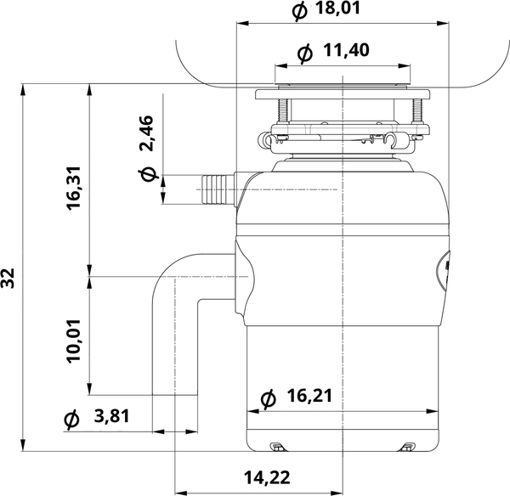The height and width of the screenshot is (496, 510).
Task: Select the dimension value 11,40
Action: click(x=346, y=52)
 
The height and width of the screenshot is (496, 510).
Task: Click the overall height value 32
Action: click(x=9, y=278)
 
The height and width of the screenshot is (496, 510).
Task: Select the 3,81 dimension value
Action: click(x=110, y=417)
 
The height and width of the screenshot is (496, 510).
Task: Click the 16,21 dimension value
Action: click(x=309, y=397)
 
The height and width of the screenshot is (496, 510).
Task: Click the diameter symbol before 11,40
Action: click(x=305, y=53)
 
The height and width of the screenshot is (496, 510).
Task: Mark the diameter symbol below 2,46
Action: click(x=147, y=175)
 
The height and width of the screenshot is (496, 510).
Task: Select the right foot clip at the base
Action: click(x=409, y=446)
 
